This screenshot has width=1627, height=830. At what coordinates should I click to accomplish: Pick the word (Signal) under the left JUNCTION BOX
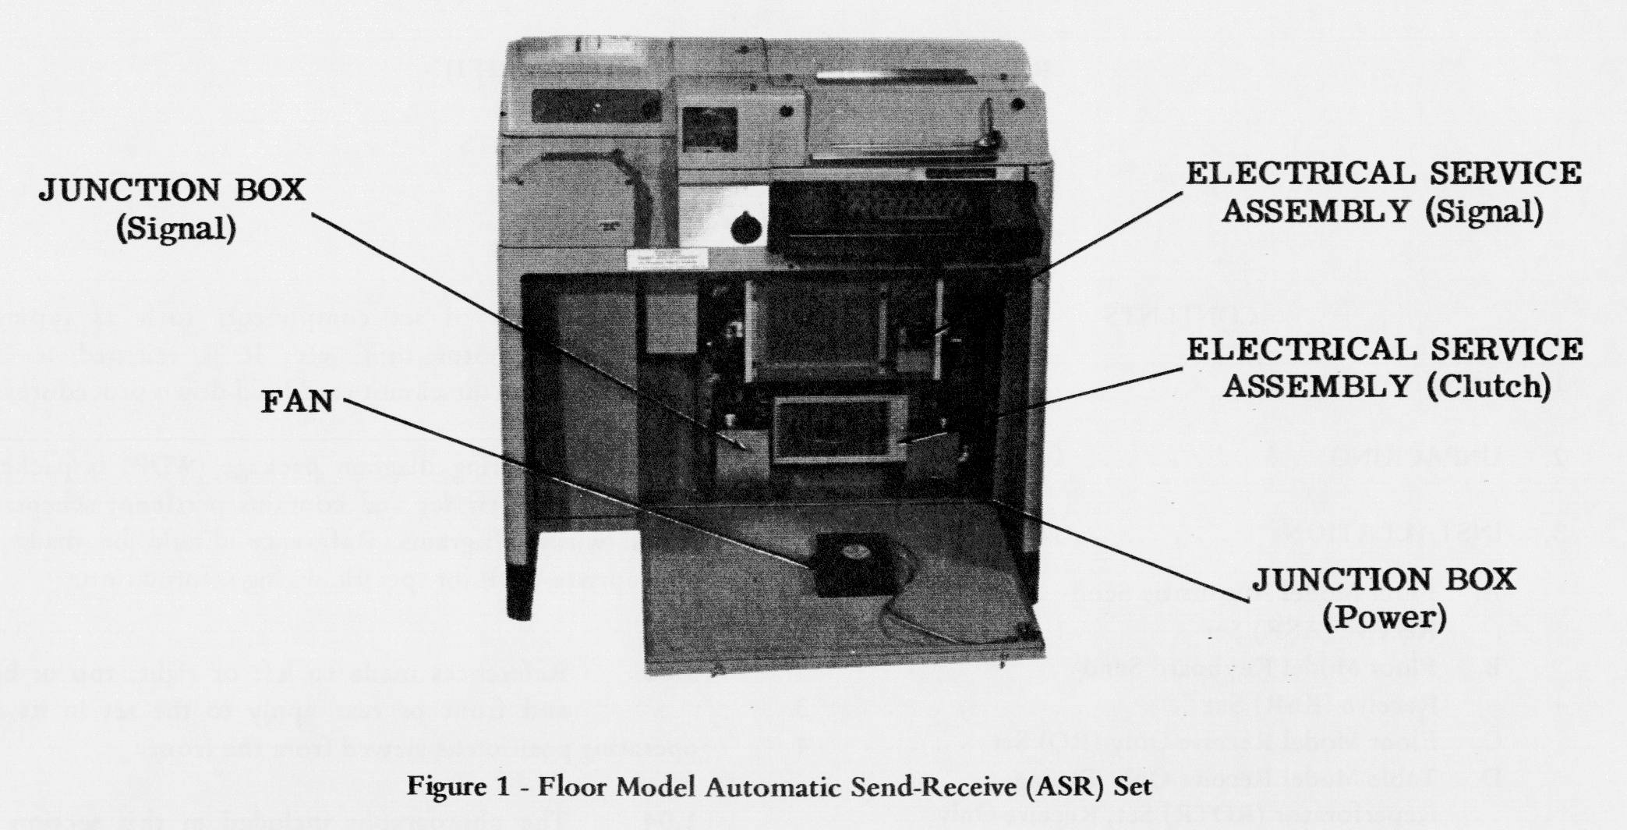tap(176, 227)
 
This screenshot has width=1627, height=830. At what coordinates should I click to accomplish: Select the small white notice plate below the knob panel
tap(671, 260)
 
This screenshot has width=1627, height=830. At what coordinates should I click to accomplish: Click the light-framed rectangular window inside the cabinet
tap(840, 428)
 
